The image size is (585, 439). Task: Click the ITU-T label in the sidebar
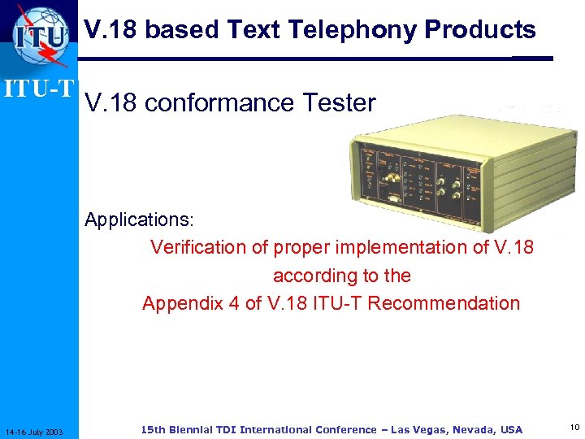[x=38, y=87]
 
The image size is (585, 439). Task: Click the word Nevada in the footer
[x=473, y=429]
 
